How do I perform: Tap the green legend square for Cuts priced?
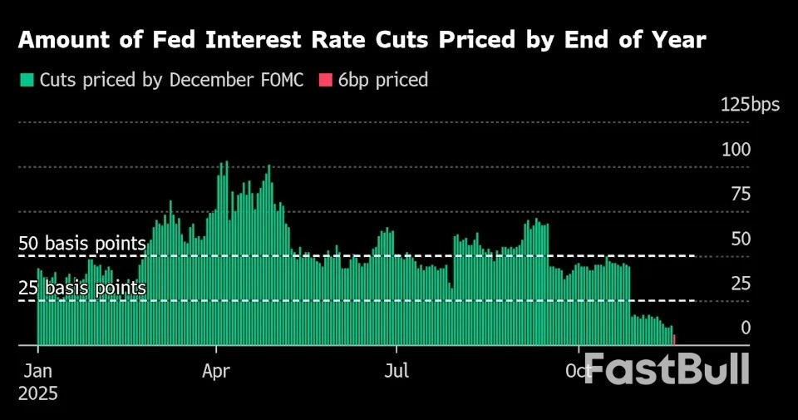click(x=27, y=81)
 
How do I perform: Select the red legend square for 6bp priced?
click(x=325, y=81)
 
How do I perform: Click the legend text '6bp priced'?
click(x=383, y=81)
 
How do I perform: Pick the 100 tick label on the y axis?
click(x=736, y=150)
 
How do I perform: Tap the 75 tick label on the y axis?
click(x=740, y=195)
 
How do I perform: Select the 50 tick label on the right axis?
click(x=740, y=240)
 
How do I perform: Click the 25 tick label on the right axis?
click(x=740, y=284)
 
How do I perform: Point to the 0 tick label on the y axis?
click(x=746, y=329)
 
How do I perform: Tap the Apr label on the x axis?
click(x=216, y=370)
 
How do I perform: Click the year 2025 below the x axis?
click(x=39, y=393)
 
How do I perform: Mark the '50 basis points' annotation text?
click(x=82, y=244)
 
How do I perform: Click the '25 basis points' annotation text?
click(x=82, y=289)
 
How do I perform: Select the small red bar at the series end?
click(x=674, y=339)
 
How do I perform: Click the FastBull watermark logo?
click(x=667, y=368)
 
